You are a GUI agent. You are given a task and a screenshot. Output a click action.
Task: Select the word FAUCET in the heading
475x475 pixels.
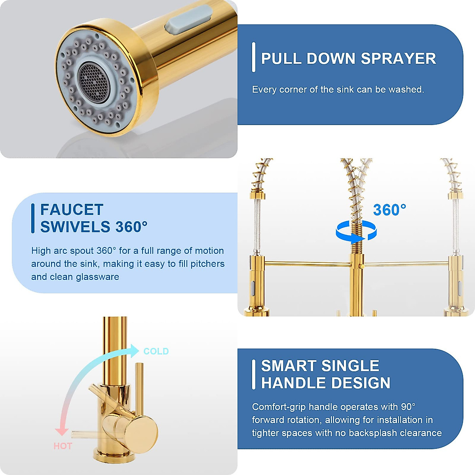point(72,209)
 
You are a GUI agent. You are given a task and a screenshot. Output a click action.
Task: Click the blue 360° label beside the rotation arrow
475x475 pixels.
point(389,210)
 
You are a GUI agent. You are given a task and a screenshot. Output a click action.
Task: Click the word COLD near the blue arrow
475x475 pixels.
point(156,351)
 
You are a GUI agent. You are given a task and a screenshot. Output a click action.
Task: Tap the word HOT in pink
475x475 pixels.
point(63,446)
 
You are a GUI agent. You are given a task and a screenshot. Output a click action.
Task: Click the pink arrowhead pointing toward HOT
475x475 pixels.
point(61,431)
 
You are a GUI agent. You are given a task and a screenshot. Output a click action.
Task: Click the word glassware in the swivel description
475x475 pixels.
point(97,277)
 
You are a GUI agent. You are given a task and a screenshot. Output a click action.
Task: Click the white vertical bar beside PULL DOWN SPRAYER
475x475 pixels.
point(254,57)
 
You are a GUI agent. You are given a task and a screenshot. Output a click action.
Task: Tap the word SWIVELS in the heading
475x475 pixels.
point(75,227)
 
